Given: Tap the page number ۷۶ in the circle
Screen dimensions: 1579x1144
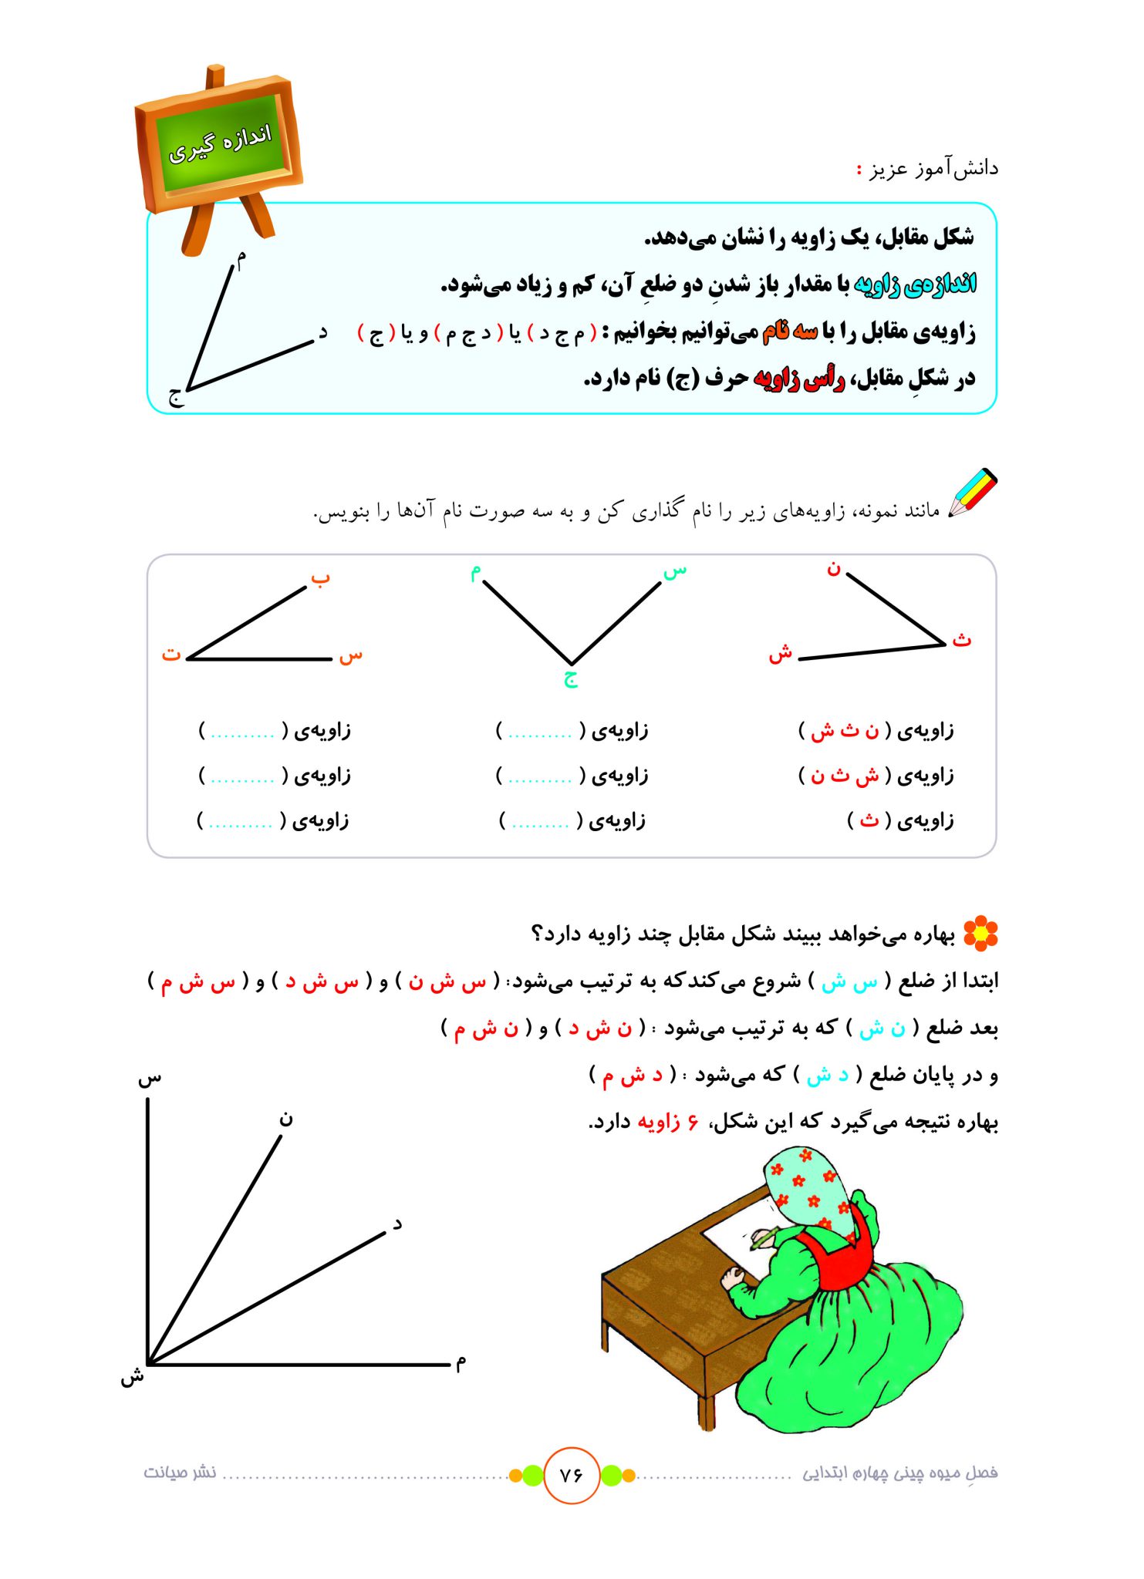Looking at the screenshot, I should point(572,1475).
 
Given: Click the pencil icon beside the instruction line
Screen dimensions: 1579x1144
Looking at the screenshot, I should point(974,493).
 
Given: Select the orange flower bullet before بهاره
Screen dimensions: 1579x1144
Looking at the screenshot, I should point(980,933).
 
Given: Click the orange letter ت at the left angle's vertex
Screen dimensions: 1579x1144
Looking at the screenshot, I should point(170,655).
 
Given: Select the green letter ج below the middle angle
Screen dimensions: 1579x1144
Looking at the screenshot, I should point(571,678).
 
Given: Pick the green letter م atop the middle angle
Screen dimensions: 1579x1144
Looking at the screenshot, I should point(476,572).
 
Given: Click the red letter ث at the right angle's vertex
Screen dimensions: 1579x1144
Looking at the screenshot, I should point(961,639).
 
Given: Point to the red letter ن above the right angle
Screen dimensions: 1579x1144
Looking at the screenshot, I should point(833,569).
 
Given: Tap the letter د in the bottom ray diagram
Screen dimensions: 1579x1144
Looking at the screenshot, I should point(397,1224).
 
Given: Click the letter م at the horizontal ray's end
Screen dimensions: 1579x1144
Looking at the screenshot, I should point(461,1363).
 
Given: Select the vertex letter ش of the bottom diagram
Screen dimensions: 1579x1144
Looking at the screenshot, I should point(132,1376).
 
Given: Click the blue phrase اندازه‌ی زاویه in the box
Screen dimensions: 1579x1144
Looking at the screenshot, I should point(916,284).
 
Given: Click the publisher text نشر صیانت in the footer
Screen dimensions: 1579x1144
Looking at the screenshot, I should point(179,1473).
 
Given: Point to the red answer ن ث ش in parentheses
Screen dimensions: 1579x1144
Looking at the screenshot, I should point(845,730).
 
